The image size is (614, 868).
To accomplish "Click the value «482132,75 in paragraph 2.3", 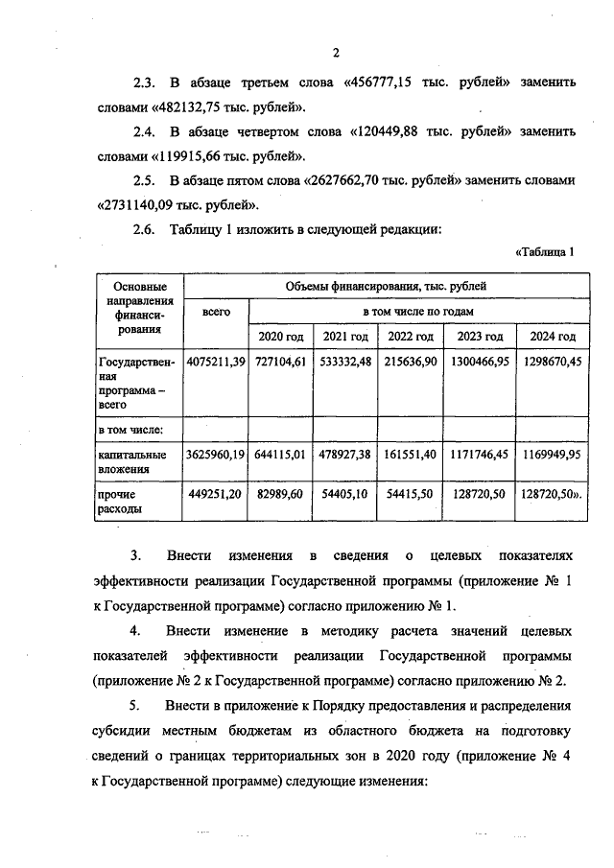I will click(x=185, y=106).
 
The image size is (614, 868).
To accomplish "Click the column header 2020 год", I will click(x=281, y=337).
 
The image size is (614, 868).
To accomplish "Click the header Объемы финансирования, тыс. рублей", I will click(x=386, y=286).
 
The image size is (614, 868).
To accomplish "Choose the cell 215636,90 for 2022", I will click(x=411, y=362).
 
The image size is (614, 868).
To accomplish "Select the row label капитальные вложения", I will click(x=133, y=461).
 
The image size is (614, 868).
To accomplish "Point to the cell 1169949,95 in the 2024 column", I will click(x=548, y=455).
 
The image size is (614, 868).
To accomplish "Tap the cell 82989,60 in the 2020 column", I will click(x=281, y=494).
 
